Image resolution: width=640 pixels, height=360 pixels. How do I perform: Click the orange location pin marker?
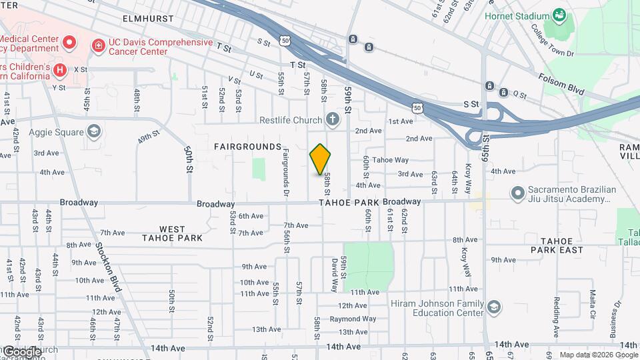click(320, 159)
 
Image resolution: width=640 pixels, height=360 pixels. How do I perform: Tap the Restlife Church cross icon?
click(332, 120)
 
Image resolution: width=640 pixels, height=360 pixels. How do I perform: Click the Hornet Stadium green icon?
click(559, 15)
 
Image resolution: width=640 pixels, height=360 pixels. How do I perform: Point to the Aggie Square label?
click(54, 131)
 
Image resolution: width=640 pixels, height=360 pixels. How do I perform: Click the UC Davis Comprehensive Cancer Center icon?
click(98, 45)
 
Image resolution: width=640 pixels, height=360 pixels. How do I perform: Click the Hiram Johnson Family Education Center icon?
click(493, 307)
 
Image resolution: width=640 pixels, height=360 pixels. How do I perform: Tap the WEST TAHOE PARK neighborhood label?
click(172, 233)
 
